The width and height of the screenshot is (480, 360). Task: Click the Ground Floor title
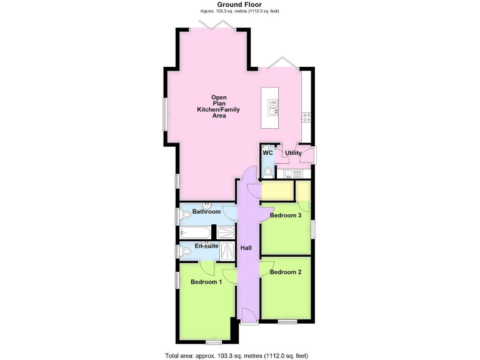239,4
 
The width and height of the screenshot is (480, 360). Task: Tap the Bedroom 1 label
206,282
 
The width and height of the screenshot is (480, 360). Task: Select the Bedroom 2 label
286,272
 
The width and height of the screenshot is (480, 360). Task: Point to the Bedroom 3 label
286,216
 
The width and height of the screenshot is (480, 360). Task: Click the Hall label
246,248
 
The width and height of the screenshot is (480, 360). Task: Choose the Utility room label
293,153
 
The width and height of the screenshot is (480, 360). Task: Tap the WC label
267,153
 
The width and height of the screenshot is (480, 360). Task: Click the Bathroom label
206,212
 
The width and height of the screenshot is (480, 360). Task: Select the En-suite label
207,246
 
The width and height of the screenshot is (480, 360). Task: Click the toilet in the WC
268,171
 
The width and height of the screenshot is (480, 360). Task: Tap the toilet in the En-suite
186,252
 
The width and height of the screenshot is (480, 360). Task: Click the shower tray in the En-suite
227,251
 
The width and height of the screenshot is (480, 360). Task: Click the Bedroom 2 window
287,322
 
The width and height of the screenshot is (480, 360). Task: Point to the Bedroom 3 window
313,229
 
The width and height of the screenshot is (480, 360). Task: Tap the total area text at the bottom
236,355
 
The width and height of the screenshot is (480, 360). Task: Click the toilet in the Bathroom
186,216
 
